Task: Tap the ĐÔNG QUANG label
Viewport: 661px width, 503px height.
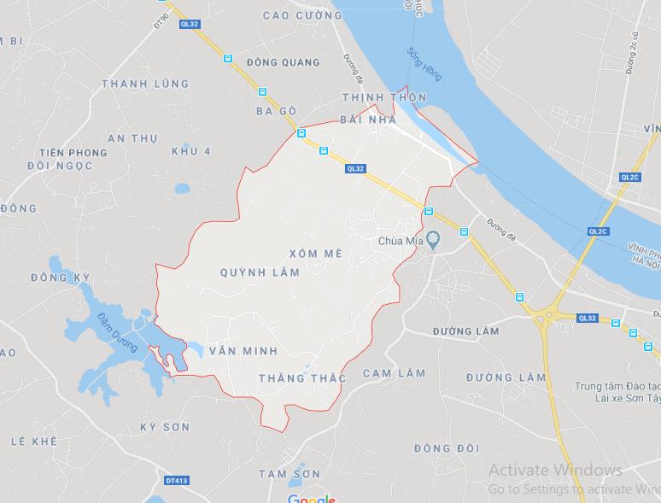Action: (283, 62)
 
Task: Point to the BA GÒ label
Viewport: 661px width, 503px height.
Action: (276, 112)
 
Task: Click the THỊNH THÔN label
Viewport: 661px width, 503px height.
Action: (383, 98)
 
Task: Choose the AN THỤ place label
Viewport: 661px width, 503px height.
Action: (134, 137)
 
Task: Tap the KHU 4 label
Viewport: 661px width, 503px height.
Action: (190, 151)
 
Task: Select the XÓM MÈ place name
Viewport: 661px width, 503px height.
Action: (316, 255)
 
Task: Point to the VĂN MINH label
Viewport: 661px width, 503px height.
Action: (237, 351)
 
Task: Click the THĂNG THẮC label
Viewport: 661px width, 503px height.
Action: (302, 377)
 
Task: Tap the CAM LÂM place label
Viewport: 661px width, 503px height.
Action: (394, 373)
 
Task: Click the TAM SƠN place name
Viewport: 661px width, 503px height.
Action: (289, 474)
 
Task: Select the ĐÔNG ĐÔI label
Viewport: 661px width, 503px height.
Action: (447, 448)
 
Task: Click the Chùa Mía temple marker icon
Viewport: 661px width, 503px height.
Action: (433, 241)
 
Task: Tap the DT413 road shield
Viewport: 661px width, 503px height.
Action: (176, 481)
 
